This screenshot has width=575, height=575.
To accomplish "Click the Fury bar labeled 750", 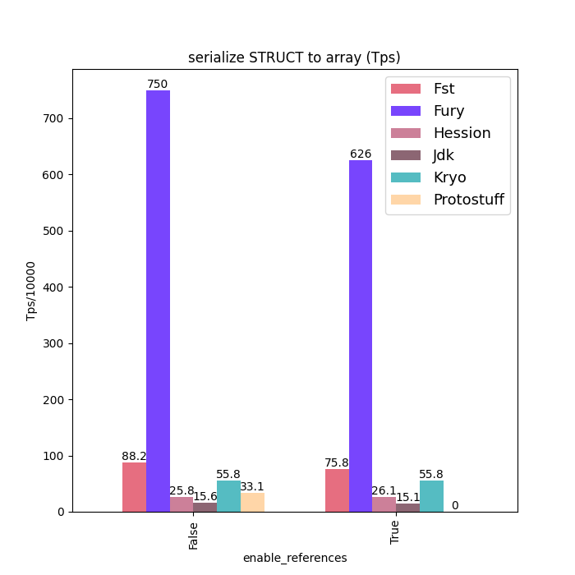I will (x=158, y=301).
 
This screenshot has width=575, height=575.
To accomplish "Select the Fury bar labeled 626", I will (x=361, y=336).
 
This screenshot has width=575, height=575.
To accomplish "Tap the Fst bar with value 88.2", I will (x=134, y=487).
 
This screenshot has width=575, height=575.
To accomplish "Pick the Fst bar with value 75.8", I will (x=337, y=490).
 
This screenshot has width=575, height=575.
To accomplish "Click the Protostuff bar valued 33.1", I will (x=252, y=502).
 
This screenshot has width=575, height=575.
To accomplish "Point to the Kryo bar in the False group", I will (x=228, y=496).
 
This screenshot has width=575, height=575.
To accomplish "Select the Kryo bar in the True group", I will (x=431, y=496).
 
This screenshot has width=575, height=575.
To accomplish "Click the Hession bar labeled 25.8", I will (x=182, y=504).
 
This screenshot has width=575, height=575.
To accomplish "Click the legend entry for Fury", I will (x=448, y=111).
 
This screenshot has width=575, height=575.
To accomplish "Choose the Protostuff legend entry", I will (x=468, y=200).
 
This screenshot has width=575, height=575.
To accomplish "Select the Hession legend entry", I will (x=462, y=133).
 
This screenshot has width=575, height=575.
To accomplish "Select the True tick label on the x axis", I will (x=396, y=531).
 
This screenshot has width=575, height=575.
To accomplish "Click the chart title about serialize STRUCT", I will (x=294, y=57).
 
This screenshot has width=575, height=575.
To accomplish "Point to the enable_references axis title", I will (x=294, y=558).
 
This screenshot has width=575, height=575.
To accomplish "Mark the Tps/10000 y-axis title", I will (x=31, y=291).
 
